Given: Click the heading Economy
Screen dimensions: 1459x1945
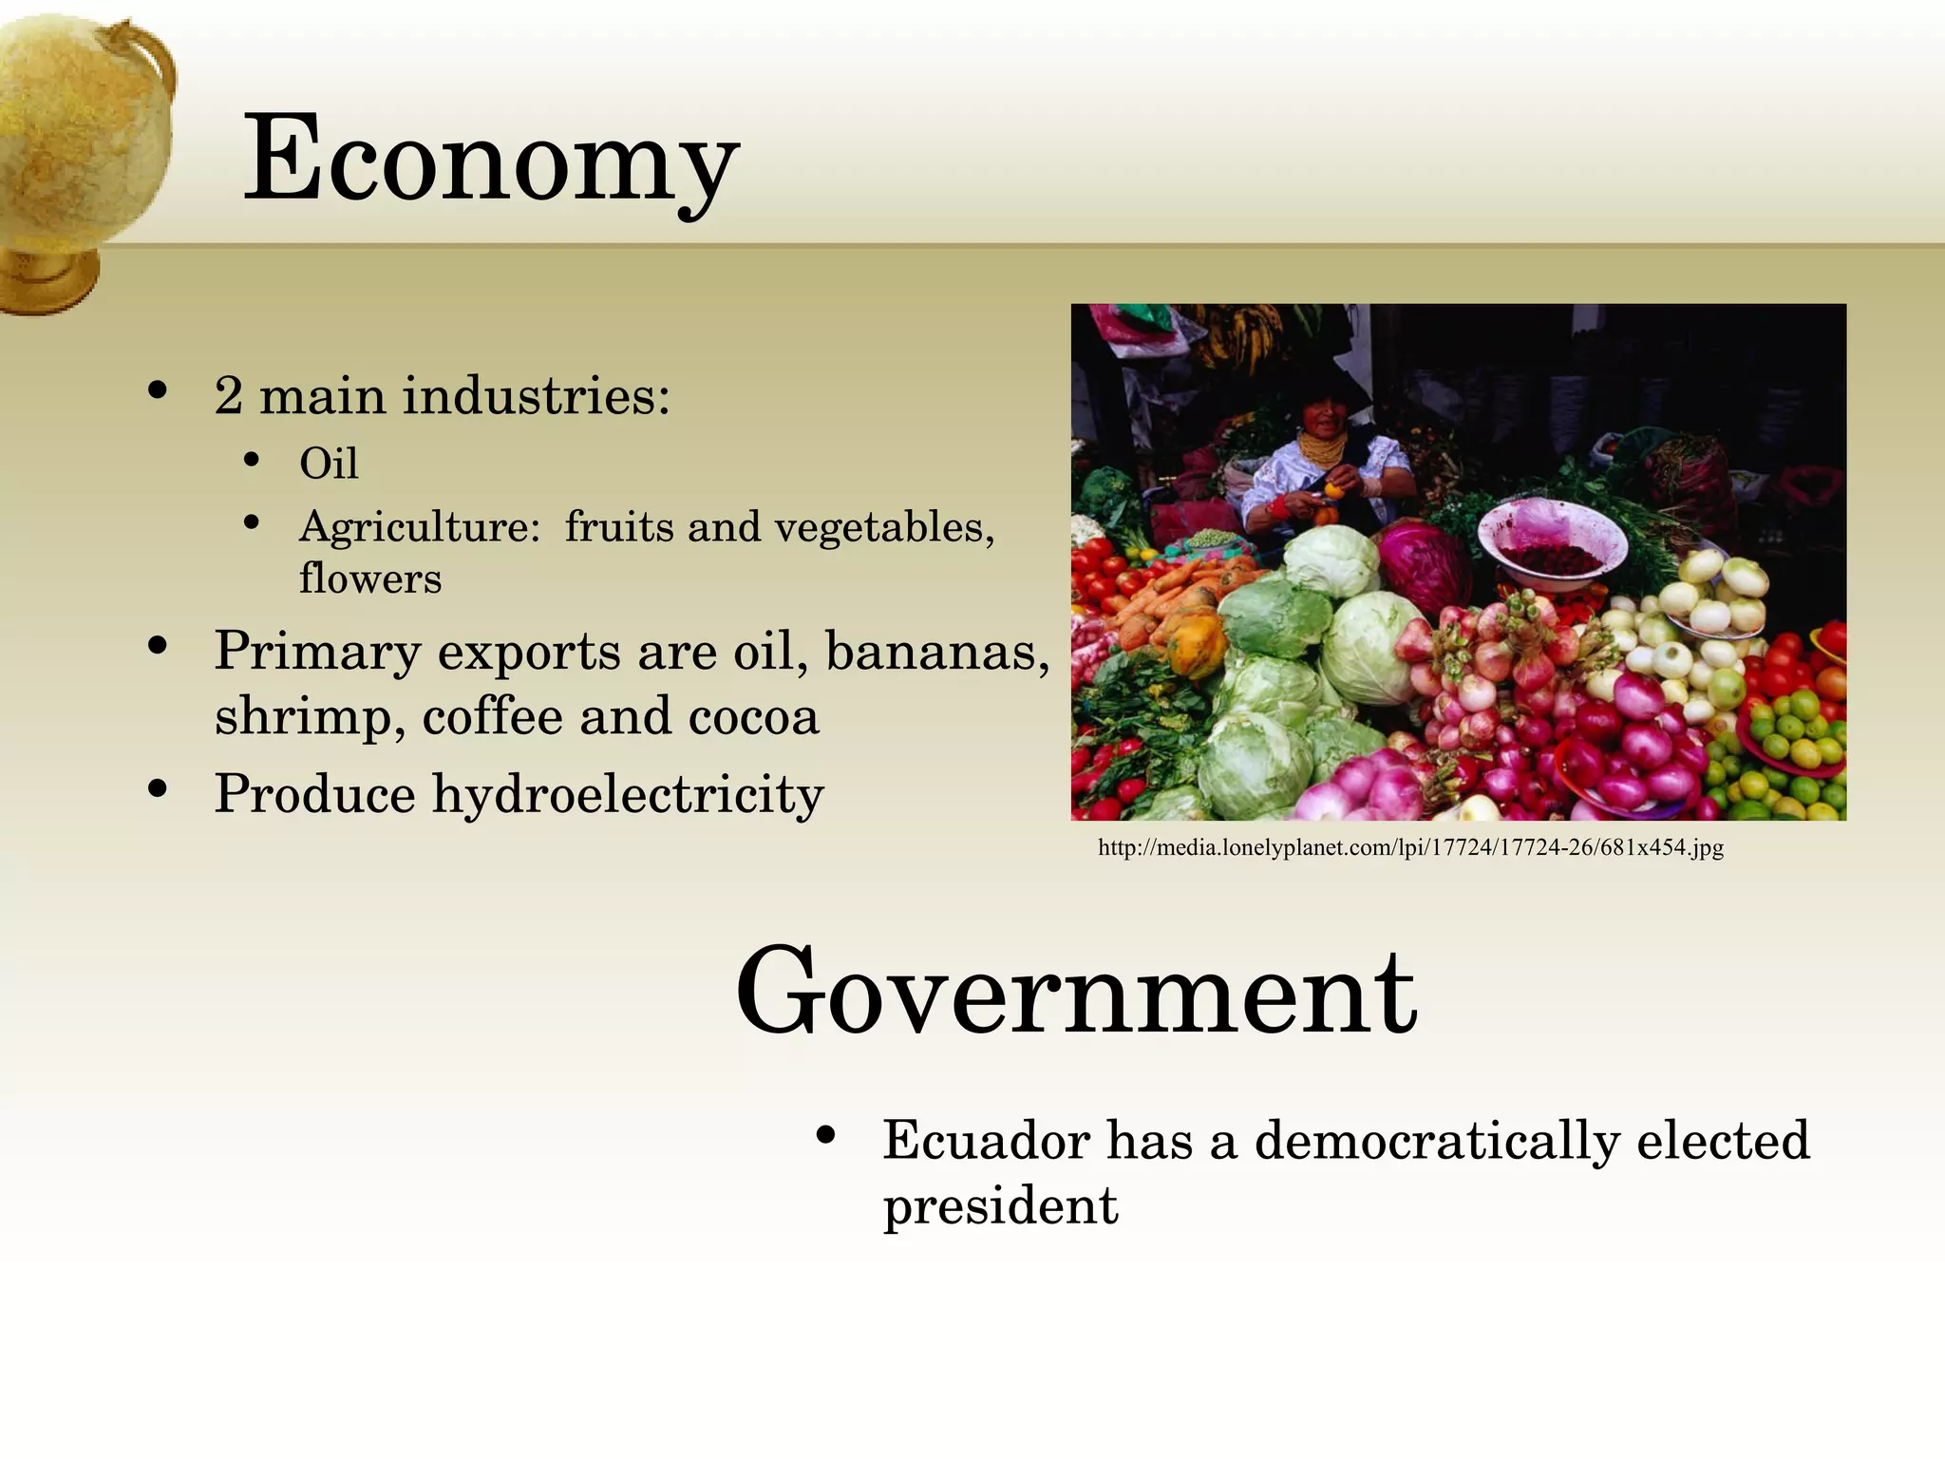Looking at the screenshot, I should tap(490, 160).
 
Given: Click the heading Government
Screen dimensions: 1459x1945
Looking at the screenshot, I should tap(1076, 992).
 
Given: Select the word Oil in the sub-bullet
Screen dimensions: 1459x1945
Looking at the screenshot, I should tap(329, 464).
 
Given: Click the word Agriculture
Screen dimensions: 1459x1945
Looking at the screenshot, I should tap(420, 527).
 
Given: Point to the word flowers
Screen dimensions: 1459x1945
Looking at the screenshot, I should tap(370, 578).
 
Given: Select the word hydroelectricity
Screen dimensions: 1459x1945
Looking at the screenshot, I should tap(628, 794).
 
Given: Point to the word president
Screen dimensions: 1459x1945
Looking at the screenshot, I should tap(1000, 1206).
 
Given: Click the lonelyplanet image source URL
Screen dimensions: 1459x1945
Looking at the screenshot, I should tap(1410, 847).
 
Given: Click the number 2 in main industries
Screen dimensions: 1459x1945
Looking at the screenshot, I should tap(228, 396).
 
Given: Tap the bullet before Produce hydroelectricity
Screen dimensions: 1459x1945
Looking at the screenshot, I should tap(158, 789).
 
